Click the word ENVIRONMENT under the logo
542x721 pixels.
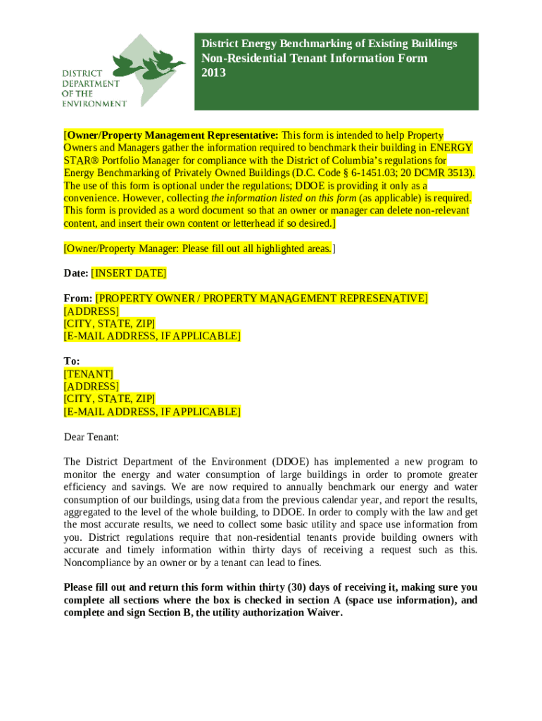click(94, 103)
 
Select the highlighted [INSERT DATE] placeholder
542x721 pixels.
click(130, 273)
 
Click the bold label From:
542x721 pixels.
click(77, 299)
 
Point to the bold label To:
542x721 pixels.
click(72, 361)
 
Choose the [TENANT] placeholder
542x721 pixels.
click(89, 374)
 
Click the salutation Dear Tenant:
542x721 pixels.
click(92, 437)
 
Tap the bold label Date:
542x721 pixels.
click(76, 273)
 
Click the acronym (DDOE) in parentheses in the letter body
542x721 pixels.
click(289, 462)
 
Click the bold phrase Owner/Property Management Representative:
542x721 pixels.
click(172, 135)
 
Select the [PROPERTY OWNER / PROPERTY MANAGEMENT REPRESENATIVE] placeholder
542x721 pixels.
click(261, 299)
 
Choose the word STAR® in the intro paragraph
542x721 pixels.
click(80, 161)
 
